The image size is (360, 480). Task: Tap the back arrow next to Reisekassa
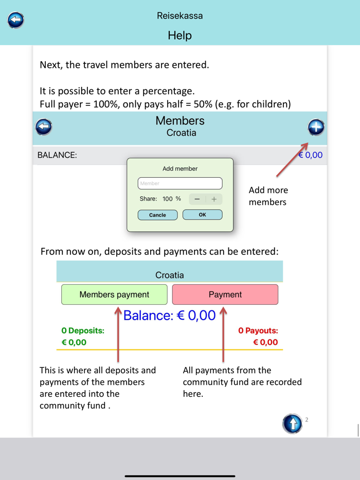pos(16,20)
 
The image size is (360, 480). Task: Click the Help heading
pos(179,35)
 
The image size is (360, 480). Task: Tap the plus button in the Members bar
pos(316,127)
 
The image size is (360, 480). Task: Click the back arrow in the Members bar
pos(44,126)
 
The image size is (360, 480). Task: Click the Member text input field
pos(180,183)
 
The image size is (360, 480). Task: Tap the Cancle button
pos(157,215)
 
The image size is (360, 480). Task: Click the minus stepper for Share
pos(197,199)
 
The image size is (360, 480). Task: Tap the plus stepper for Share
pos(214,199)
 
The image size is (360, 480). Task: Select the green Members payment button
pos(114,294)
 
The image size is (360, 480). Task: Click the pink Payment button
pos(225,294)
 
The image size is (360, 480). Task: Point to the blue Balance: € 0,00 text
pos(169,315)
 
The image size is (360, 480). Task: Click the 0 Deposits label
pos(83,330)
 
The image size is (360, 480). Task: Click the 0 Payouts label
pos(258,330)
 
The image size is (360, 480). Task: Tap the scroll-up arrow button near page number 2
pos(292,424)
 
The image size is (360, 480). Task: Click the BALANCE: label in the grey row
pos(57,155)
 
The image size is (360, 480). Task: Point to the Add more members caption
pos(268,196)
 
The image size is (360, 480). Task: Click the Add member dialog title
pos(180,169)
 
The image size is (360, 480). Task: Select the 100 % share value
pos(172,199)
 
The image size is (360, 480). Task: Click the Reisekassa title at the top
pos(179,16)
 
